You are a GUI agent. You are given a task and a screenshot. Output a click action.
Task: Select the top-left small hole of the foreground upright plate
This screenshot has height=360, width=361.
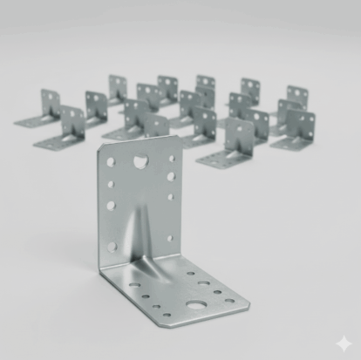(110, 162)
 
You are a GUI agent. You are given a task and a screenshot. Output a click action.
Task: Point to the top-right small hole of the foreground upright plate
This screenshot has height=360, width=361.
(170, 159)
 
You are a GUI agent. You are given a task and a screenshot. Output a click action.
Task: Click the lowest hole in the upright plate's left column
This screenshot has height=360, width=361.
(112, 248)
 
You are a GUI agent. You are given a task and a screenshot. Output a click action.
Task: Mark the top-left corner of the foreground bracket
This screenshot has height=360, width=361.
(99, 148)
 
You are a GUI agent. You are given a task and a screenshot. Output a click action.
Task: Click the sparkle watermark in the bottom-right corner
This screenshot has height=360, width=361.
(344, 343)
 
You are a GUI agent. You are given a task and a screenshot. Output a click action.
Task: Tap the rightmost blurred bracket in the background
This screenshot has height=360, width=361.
(296, 131)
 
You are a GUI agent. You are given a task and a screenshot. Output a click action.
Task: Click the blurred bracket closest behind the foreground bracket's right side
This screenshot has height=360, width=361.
(228, 144)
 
